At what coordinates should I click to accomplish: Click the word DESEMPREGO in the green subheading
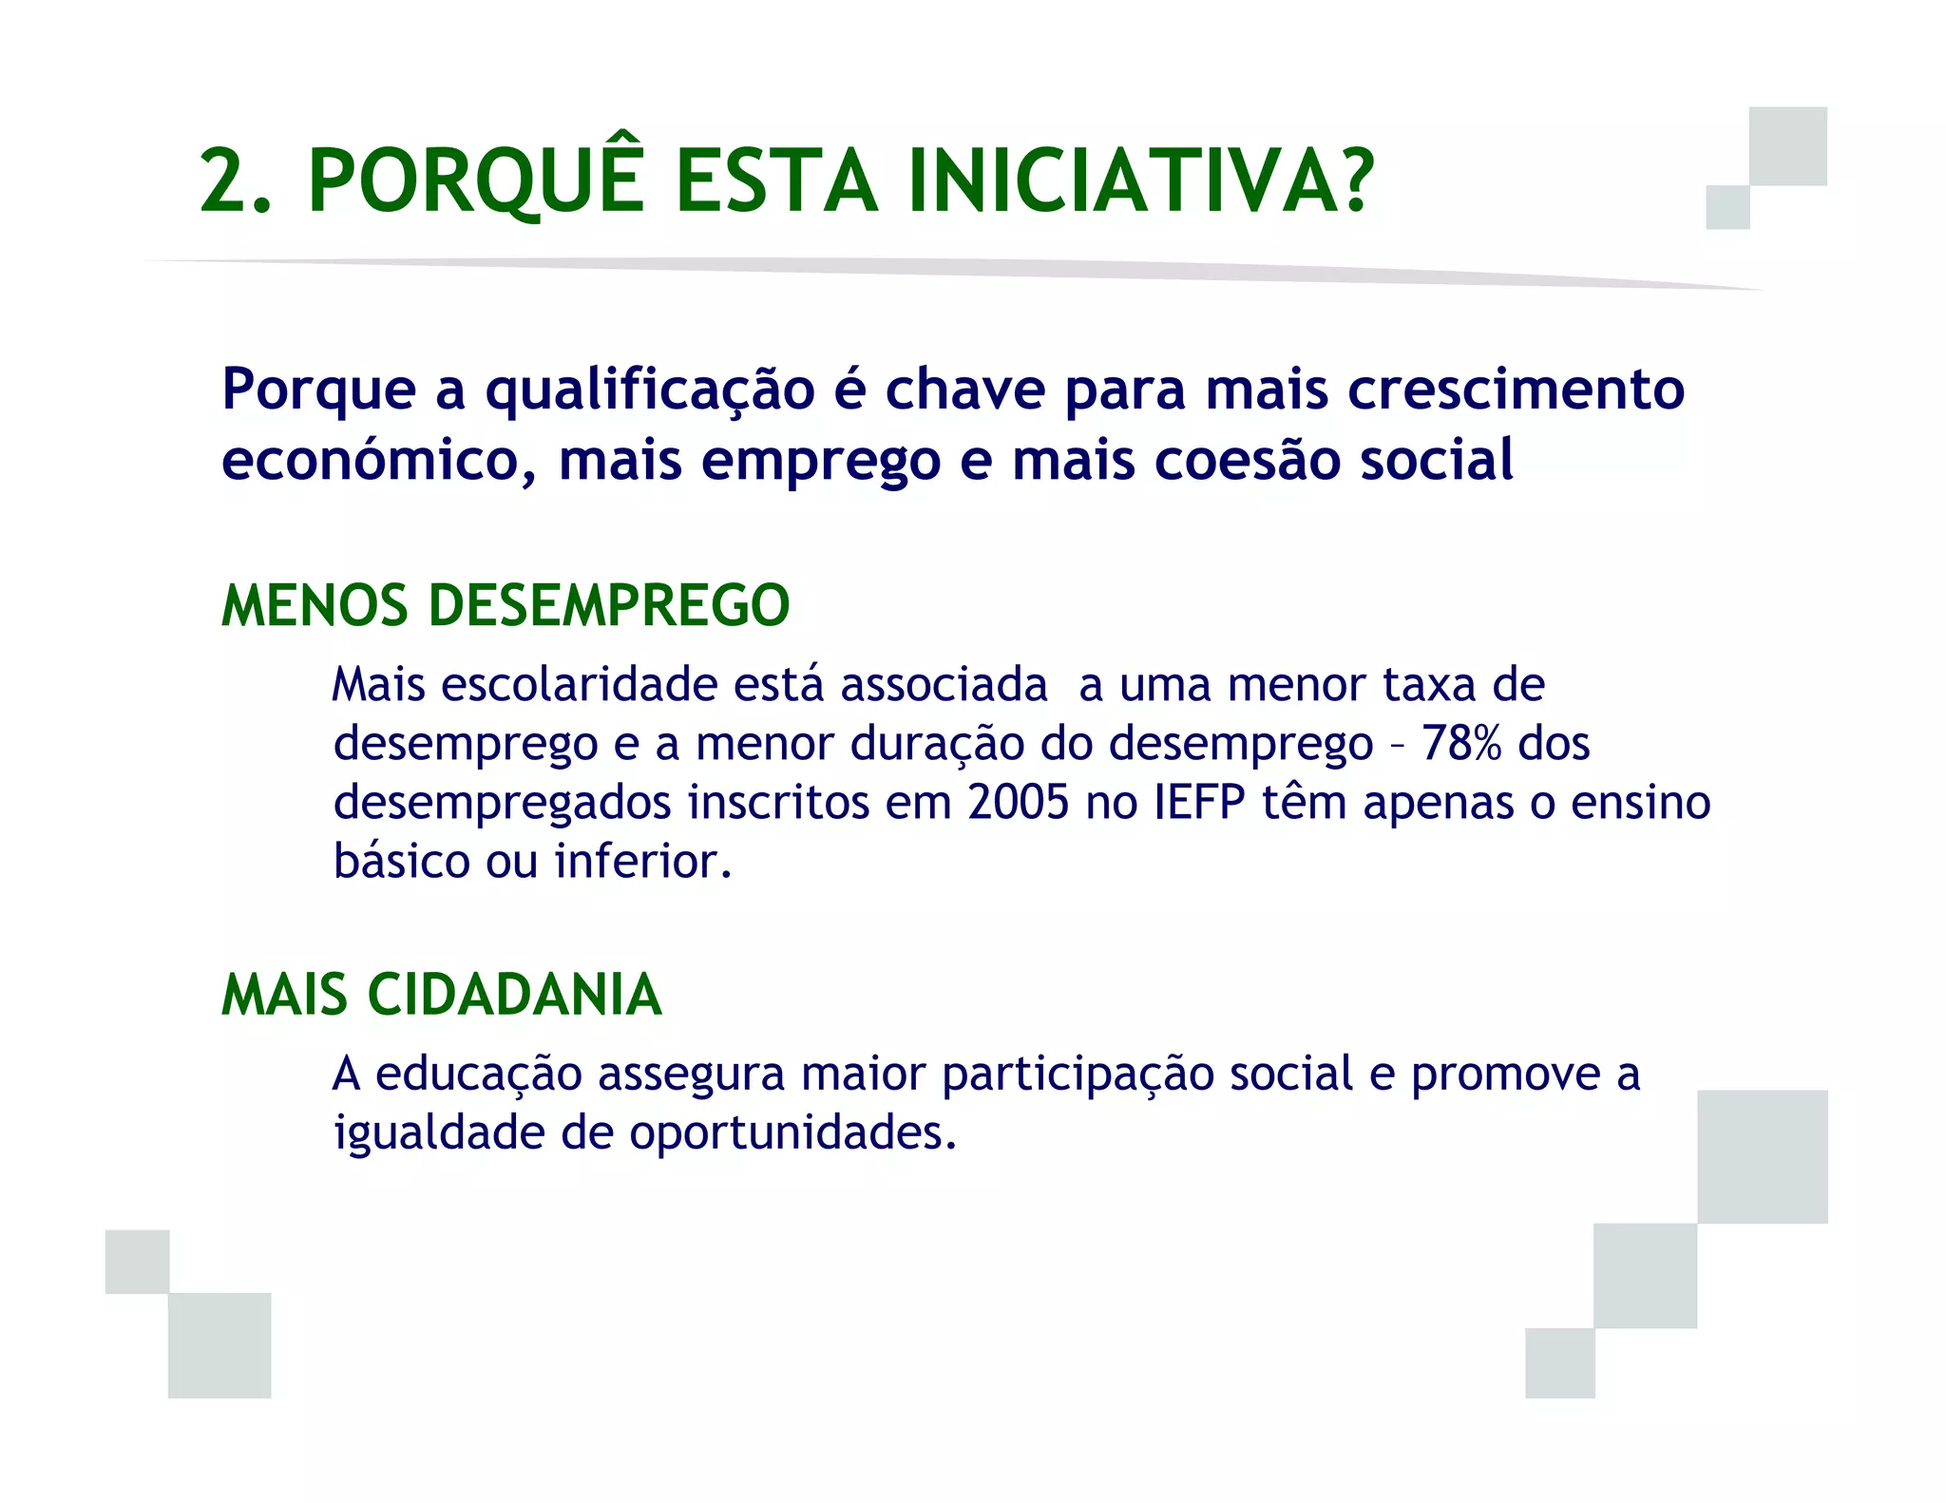click(x=609, y=605)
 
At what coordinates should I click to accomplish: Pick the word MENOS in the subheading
click(x=315, y=605)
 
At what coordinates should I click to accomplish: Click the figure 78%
click(x=1461, y=743)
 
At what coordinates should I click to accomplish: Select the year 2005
click(x=1019, y=802)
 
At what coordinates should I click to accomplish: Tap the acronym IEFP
click(x=1199, y=802)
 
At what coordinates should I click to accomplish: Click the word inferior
click(x=642, y=861)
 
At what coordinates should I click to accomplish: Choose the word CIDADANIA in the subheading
click(x=514, y=995)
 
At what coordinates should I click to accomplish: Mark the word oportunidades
click(x=792, y=1133)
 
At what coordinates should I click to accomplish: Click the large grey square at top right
click(x=1787, y=145)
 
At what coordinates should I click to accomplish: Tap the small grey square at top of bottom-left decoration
click(x=138, y=1261)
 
